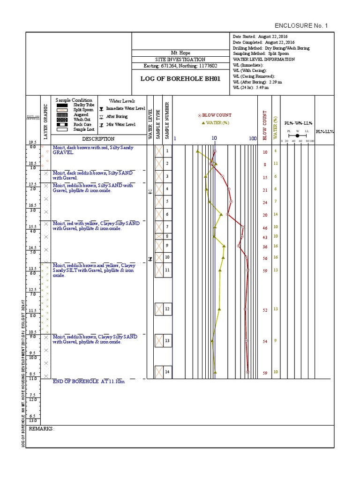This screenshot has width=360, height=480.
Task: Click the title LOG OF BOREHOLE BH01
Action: click(180, 78)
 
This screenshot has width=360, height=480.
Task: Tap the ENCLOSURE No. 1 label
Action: click(301, 25)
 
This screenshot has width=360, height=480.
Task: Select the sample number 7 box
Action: click(167, 227)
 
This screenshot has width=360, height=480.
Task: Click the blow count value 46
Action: click(264, 228)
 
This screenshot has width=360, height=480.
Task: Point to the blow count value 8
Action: click(264, 165)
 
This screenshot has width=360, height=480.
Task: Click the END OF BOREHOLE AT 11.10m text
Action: click(89, 382)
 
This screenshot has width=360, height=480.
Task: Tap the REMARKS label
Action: click(42, 429)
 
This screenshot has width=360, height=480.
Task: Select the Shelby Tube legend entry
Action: click(82, 105)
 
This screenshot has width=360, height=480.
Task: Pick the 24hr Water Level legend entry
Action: click(120, 124)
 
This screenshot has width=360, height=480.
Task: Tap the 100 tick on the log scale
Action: click(253, 139)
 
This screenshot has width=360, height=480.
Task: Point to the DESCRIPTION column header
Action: click(98, 139)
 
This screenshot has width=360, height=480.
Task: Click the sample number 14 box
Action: click(167, 372)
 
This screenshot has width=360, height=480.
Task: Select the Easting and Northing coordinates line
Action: click(180, 66)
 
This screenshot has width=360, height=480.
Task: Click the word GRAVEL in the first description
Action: click(63, 153)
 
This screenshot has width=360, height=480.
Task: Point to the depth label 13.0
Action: click(33, 420)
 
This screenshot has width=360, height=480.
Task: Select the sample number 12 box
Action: click(167, 309)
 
